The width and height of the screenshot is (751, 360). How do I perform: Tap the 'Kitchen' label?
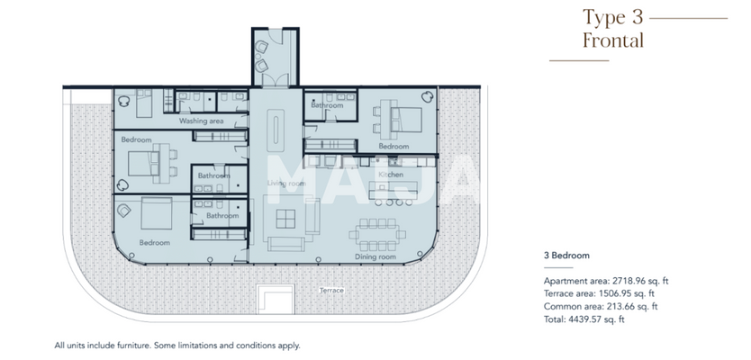click(390, 174)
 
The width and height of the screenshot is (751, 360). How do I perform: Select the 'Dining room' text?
click(375, 257)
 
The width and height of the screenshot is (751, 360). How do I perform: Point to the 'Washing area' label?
click(201, 120)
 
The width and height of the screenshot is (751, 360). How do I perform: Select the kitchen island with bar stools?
click(394, 191)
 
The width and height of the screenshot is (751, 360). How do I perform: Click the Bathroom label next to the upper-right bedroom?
click(327, 105)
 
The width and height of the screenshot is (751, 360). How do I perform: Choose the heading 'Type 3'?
click(613, 17)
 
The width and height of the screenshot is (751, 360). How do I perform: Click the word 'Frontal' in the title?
click(612, 40)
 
